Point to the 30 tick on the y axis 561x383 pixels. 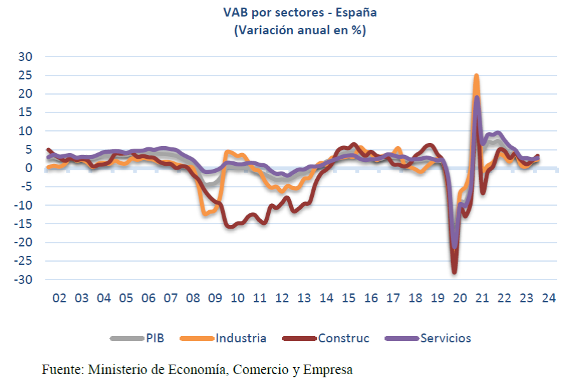(x=26, y=57)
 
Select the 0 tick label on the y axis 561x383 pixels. (x=29, y=168)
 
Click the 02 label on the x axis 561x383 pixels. (x=59, y=299)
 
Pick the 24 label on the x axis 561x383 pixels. (x=549, y=299)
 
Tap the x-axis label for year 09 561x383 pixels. (x=215, y=299)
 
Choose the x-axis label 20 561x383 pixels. (x=460, y=299)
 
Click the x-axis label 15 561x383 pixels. (x=349, y=299)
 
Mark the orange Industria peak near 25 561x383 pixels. (x=476, y=76)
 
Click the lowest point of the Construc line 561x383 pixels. (x=454, y=272)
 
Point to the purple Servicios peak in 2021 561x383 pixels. (x=477, y=97)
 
